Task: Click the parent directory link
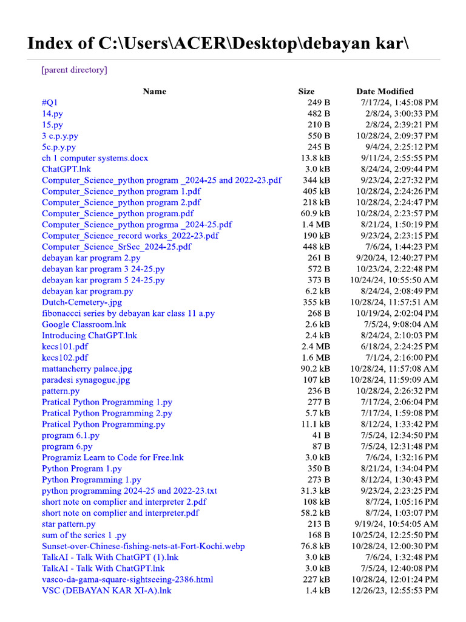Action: pos(74,70)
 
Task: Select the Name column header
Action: pos(154,91)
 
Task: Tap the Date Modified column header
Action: pos(385,91)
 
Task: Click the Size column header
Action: pos(306,91)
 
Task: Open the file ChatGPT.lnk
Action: pos(66,169)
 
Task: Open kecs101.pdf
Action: pos(65,346)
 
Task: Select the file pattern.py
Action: pos(61,391)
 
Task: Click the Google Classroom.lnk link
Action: pos(84,324)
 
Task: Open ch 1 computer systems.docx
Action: pos(95,158)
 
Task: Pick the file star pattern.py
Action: pos(69,524)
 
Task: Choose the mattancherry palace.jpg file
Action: pos(87,369)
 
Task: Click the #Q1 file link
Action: pos(50,102)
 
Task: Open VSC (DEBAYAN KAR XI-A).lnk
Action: pos(107,590)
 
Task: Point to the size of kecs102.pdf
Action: pos(317,358)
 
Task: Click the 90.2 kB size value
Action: pos(316,369)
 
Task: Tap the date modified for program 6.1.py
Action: pos(402,435)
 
